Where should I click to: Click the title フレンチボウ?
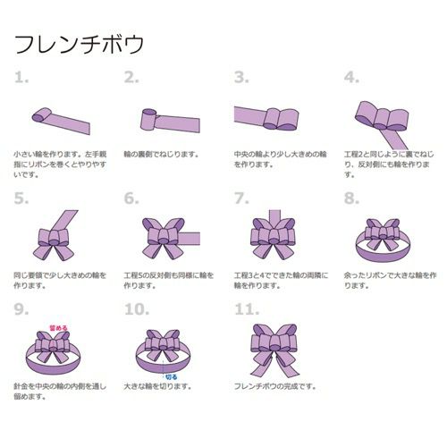[x=79, y=43]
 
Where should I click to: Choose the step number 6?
[x=131, y=198]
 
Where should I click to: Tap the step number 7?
[x=241, y=198]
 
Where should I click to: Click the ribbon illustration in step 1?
[x=58, y=115]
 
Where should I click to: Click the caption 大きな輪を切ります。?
[x=162, y=386]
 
